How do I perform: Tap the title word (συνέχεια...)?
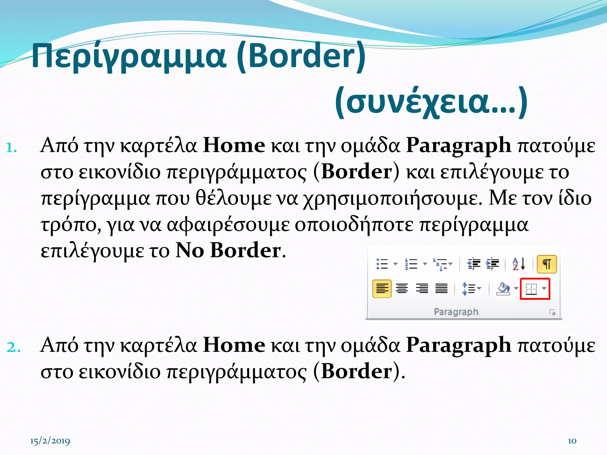tap(431, 102)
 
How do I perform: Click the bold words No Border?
tap(228, 251)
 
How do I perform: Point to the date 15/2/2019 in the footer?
tap(50, 441)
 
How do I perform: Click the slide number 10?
tap(572, 441)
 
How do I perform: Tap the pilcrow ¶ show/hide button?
tap(547, 264)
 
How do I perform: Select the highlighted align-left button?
tap(382, 289)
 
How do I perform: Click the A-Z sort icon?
tap(519, 264)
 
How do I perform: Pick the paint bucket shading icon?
tap(503, 289)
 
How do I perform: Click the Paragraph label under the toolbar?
tap(456, 312)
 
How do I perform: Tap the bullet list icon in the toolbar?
tap(382, 264)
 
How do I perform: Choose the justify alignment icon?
tap(441, 288)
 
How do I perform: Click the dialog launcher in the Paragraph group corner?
tap(552, 312)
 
